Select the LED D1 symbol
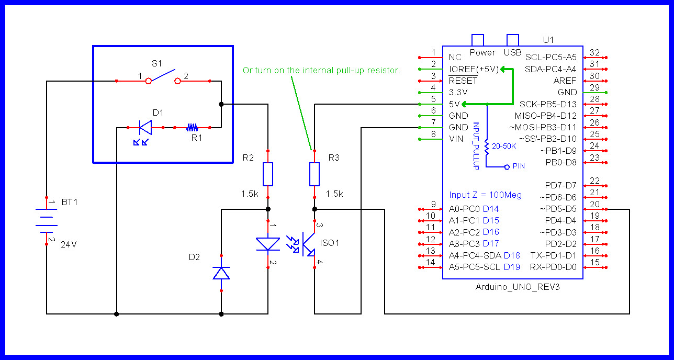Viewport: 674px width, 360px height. pos(145,127)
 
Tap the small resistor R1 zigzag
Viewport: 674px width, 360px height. pos(192,127)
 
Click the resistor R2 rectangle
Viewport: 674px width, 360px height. pos(268,174)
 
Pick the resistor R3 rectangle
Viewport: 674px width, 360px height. pos(314,174)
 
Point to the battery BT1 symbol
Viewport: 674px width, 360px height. pos(47,220)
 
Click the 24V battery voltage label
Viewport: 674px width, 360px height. pos(69,244)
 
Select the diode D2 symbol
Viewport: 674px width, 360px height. pos(221,273)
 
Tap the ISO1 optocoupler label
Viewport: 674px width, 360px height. pos(330,243)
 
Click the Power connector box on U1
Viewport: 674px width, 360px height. pos(477,40)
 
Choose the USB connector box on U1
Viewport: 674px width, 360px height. pos(512,40)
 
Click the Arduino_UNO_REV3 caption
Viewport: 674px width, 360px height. pos(513,287)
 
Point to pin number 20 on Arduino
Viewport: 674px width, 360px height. pos(594,205)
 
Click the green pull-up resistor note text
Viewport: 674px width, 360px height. pos(321,70)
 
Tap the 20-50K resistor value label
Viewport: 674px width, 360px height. pos(504,147)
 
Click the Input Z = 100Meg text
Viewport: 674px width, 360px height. pos(485,195)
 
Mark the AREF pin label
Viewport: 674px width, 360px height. pos(565,81)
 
